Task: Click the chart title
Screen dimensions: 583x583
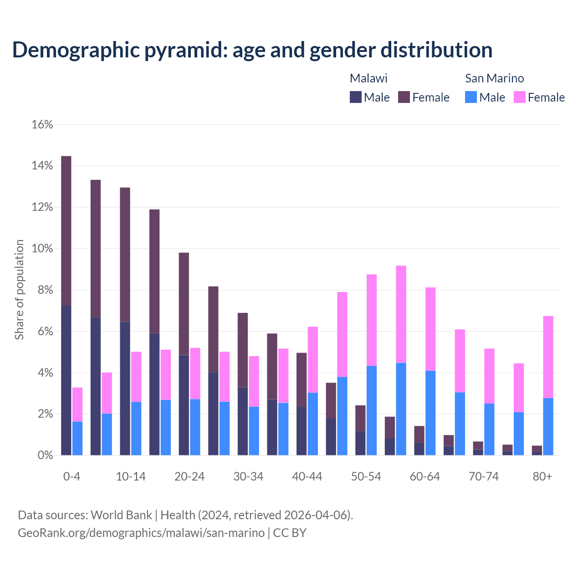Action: tap(252, 50)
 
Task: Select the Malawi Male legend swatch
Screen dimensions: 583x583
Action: tap(356, 97)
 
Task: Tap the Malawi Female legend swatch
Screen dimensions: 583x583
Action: tap(404, 97)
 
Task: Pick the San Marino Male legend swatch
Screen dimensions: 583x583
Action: tap(471, 97)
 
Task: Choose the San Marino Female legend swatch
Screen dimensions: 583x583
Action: tap(520, 97)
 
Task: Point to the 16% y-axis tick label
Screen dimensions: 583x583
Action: tap(42, 124)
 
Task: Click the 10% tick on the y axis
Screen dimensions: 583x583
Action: tap(42, 249)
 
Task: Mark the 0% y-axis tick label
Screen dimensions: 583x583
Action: tap(44, 455)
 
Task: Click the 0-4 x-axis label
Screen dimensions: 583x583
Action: tap(72, 476)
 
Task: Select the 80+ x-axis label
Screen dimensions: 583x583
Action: tap(542, 476)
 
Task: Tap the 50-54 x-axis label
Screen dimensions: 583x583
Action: tap(366, 476)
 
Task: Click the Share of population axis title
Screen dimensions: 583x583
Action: tap(19, 290)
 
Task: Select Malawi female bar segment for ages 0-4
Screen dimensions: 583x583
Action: tap(66, 230)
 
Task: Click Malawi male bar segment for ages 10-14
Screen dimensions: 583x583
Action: tap(125, 388)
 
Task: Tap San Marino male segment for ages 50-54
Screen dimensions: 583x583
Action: tap(372, 410)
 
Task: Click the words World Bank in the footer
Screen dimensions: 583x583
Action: tap(121, 515)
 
